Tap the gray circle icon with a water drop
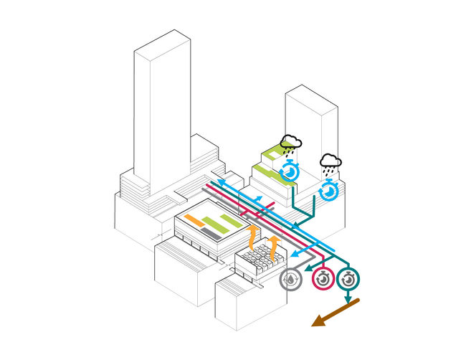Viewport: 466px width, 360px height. [x=292, y=280]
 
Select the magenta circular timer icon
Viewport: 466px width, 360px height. [x=322, y=278]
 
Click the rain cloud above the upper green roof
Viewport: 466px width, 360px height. [x=290, y=143]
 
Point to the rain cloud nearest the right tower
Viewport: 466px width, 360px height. [x=330, y=162]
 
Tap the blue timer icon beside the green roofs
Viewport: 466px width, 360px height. [x=290, y=172]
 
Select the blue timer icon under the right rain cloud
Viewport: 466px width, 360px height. [x=329, y=191]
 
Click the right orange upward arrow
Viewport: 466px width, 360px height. [x=274, y=233]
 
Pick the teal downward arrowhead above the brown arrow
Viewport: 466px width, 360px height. [x=348, y=298]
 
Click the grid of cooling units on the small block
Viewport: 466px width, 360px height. [x=259, y=255]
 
